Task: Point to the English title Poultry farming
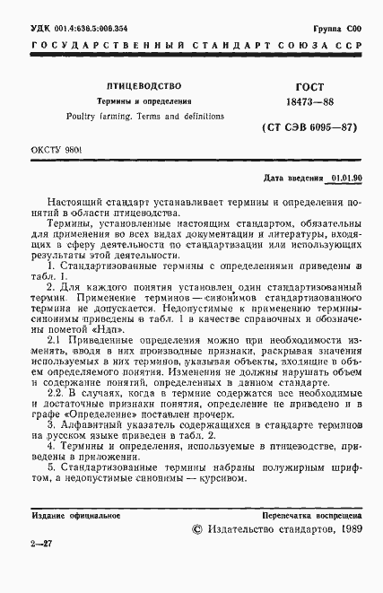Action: (91, 117)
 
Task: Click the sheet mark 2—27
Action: (41, 569)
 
